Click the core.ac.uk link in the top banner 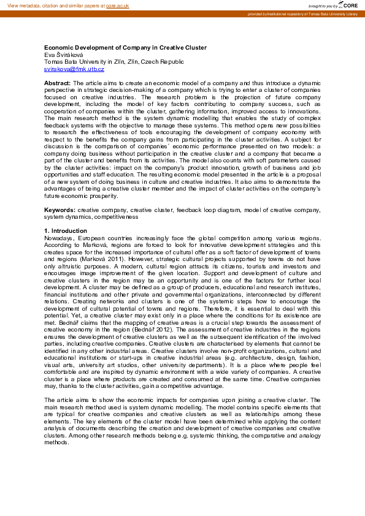click(117, 5)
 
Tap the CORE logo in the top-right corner click(348, 5)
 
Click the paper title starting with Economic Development click(125, 47)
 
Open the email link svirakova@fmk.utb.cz click(74, 69)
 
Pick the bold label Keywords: click(60, 210)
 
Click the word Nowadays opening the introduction click(58, 238)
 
